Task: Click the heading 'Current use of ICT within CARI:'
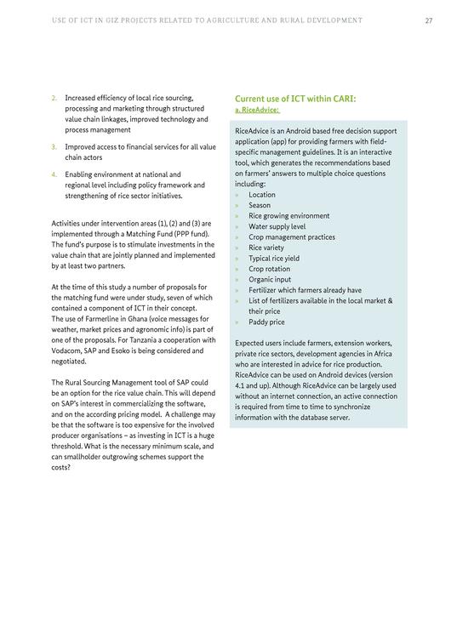(x=295, y=99)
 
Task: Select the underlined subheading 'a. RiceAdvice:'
(x=257, y=110)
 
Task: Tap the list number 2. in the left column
(x=54, y=98)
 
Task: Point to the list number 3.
(x=54, y=146)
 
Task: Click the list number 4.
(x=54, y=174)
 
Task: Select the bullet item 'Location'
(x=261, y=195)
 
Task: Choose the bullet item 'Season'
(x=260, y=205)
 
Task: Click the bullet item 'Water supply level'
(x=277, y=226)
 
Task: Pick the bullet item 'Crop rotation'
(x=270, y=269)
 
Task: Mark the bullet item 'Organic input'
(x=270, y=279)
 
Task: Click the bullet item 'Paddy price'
(x=266, y=322)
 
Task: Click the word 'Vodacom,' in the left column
(x=68, y=350)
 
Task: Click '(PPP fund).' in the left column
(x=191, y=233)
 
